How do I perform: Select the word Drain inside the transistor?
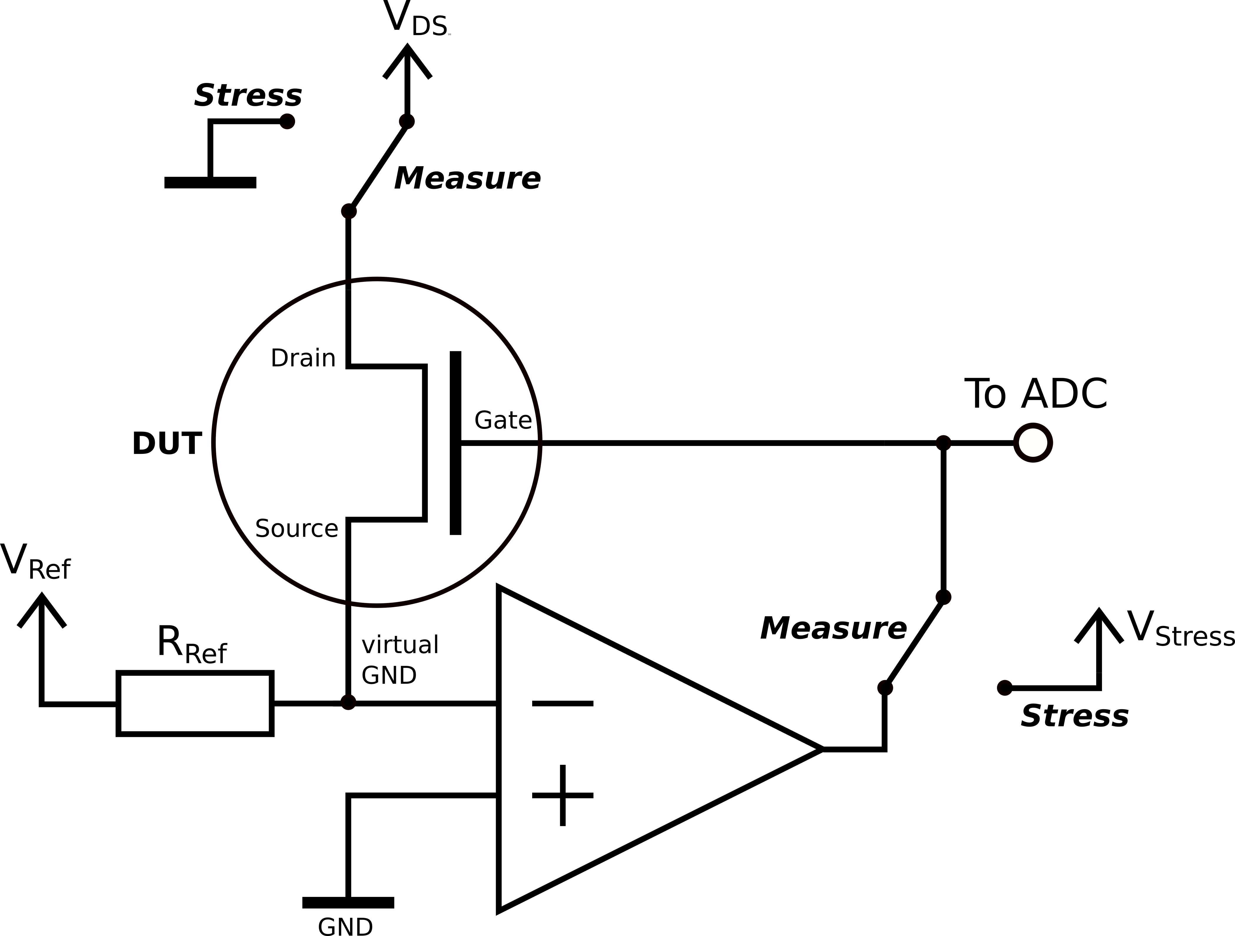[x=303, y=358]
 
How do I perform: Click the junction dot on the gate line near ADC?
[x=943, y=443]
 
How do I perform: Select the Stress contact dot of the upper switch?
[x=287, y=121]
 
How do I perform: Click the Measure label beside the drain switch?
[x=467, y=179]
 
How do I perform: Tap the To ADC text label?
[x=1036, y=394]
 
